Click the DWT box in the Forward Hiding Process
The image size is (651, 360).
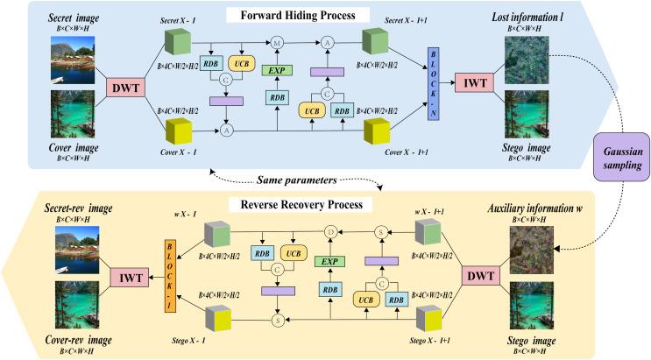[x=124, y=86]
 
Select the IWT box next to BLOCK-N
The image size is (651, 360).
[x=471, y=84]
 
